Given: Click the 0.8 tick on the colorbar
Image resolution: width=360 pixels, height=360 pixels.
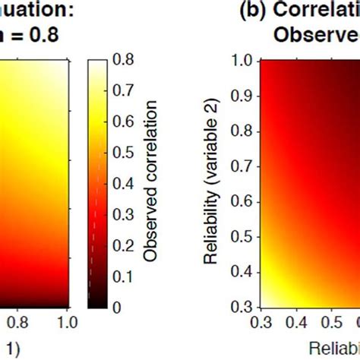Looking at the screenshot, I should [x=122, y=59].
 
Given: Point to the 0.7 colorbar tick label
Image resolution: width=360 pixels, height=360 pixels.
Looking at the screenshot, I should [x=122, y=90].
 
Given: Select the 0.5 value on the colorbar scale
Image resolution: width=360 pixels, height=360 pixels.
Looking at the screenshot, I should [x=122, y=152].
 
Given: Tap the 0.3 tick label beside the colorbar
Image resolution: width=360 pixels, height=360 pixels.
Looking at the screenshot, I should [x=122, y=214].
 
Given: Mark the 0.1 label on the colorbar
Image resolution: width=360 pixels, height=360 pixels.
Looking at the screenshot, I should [x=122, y=276].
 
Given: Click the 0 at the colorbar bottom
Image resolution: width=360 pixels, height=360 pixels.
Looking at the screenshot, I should [x=116, y=307].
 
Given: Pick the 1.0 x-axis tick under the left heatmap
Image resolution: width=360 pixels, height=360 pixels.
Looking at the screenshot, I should [x=68, y=324].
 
